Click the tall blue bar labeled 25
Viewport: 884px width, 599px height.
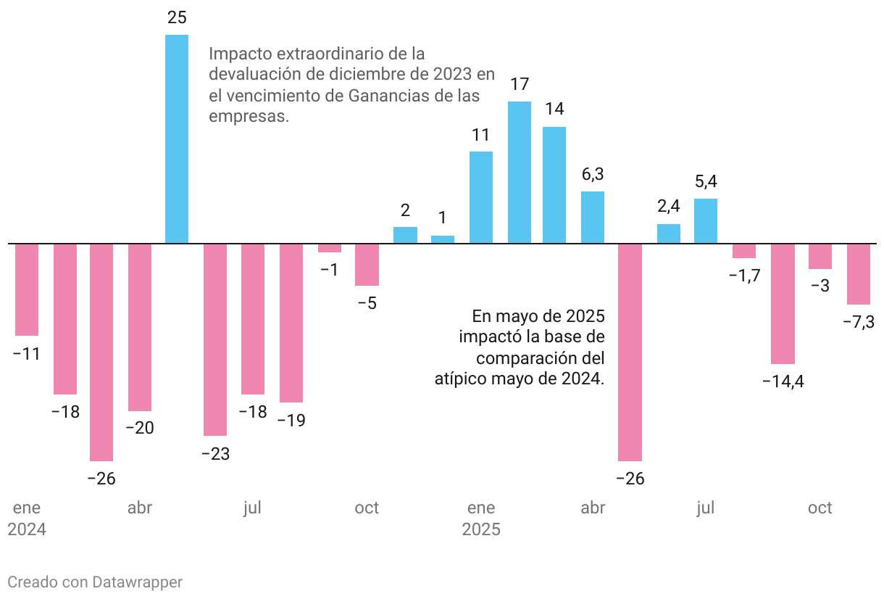tap(177, 139)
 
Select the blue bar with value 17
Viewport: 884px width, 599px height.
tap(519, 173)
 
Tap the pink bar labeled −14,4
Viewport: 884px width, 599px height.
tap(783, 303)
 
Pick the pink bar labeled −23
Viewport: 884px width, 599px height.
tap(215, 339)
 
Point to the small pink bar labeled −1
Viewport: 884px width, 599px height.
tap(330, 248)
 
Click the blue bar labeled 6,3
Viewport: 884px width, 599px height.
tap(593, 218)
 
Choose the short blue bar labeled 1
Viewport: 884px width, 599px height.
tap(443, 239)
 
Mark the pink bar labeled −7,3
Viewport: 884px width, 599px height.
tap(859, 274)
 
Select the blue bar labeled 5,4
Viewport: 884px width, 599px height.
tap(706, 221)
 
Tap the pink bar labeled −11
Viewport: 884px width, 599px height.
tap(27, 289)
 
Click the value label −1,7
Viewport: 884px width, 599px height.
tap(743, 276)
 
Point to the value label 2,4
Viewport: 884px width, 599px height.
tap(669, 207)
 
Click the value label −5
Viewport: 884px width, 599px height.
tap(367, 303)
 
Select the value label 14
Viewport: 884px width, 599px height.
tap(554, 109)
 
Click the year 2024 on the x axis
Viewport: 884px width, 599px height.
tap(27, 529)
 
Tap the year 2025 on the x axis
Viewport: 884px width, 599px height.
tap(481, 529)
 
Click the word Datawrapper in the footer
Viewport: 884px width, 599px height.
tap(138, 582)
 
